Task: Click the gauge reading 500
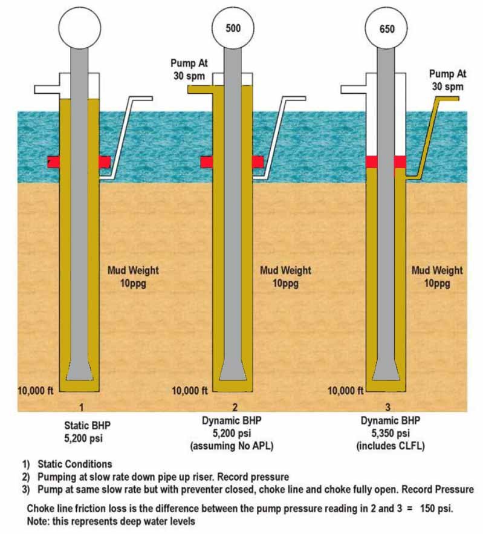tap(233, 28)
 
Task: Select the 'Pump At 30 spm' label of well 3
tap(447, 80)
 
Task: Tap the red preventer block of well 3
tap(386, 161)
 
